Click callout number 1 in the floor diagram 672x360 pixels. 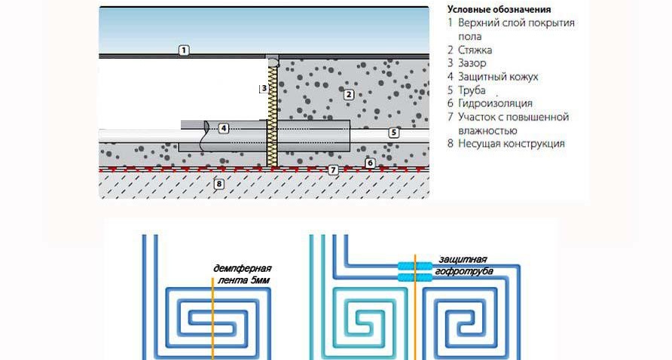click(x=184, y=50)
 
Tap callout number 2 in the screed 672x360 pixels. click(x=348, y=95)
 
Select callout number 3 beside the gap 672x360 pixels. click(x=263, y=88)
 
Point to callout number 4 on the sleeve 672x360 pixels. click(x=224, y=128)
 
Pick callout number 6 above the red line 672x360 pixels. click(x=370, y=163)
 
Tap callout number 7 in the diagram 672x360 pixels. click(x=331, y=171)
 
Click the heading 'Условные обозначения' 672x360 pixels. click(x=499, y=10)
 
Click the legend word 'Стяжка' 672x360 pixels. click(x=475, y=50)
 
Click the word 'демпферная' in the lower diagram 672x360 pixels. click(x=242, y=269)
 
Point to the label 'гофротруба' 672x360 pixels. click(x=462, y=269)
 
